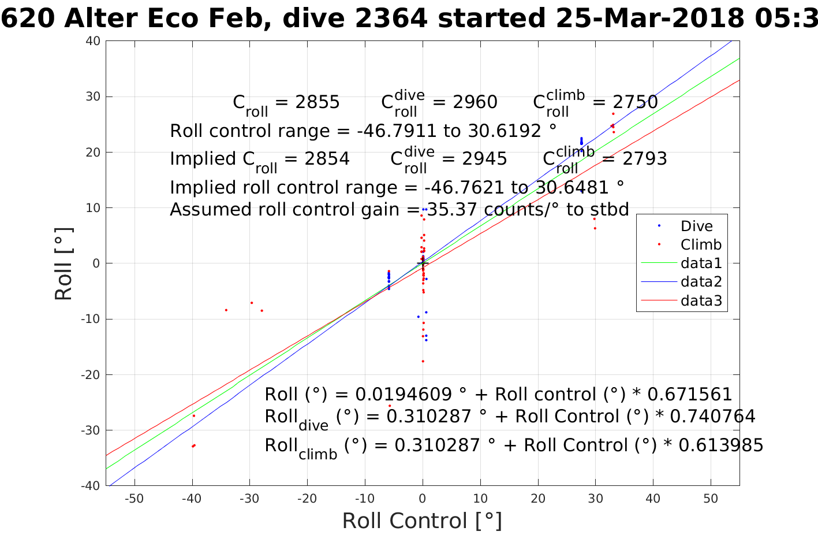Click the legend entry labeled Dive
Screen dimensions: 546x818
(x=696, y=226)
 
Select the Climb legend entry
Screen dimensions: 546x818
(x=701, y=244)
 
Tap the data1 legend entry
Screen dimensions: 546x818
(x=701, y=263)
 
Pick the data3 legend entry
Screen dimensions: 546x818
(x=701, y=300)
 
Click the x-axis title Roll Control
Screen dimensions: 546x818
(x=422, y=521)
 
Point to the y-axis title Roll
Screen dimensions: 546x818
(x=64, y=264)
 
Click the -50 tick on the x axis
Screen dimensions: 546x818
(x=135, y=499)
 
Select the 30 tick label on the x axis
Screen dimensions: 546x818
(x=595, y=499)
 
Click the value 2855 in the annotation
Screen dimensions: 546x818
(x=318, y=102)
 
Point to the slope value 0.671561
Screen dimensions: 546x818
(x=690, y=395)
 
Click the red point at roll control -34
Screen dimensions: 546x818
(x=226, y=310)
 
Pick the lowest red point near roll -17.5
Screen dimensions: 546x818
(x=423, y=361)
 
